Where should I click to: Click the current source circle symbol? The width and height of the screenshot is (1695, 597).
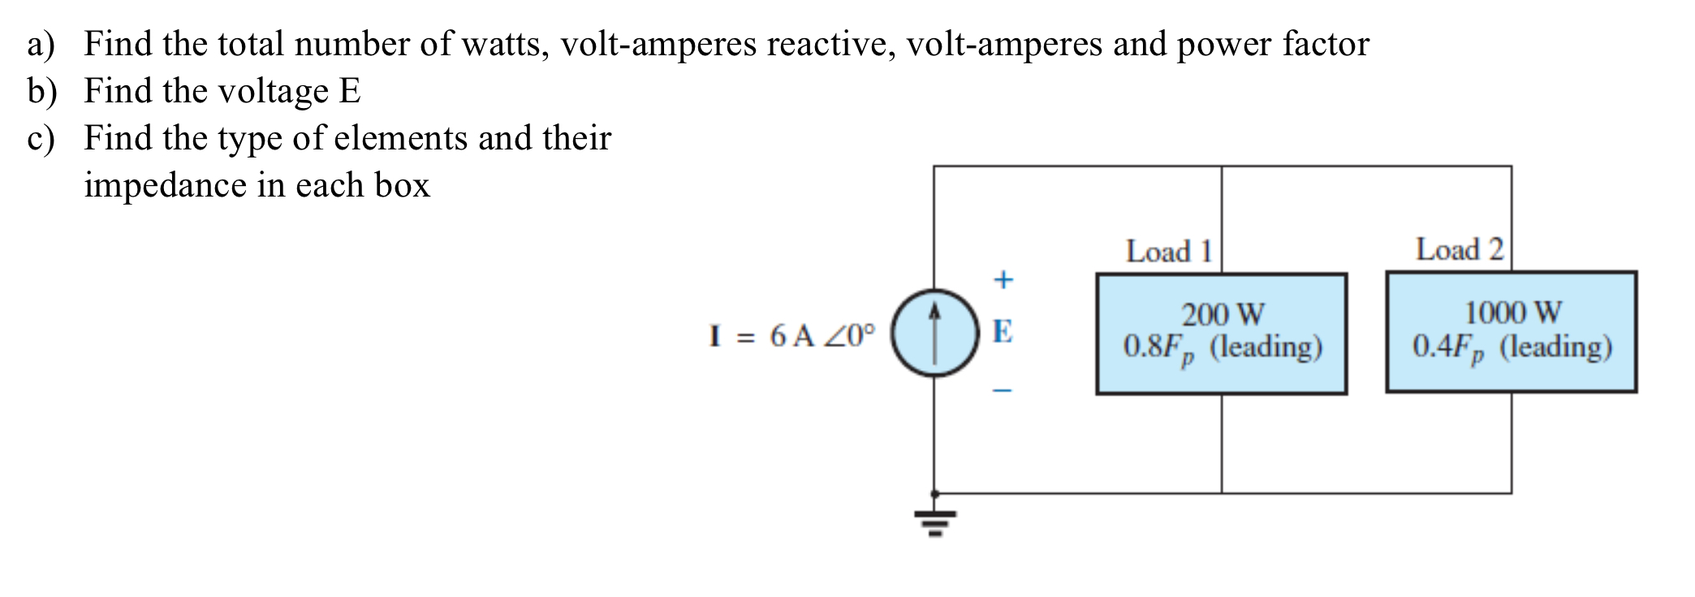pos(934,333)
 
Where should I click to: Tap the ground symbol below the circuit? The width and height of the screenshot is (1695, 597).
pos(935,523)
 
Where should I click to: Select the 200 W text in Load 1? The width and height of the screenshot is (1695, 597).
pos(1223,314)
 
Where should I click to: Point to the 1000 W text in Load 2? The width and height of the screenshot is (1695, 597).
pos(1512,312)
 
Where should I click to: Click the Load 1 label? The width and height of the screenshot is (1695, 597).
pos(1168,252)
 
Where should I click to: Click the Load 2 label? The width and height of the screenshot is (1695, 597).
pos(1459,249)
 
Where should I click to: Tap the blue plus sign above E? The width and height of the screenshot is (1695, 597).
pos(1003,279)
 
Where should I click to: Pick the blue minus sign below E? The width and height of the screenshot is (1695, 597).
pos(1003,391)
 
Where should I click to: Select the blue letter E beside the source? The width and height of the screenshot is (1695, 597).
pos(1003,331)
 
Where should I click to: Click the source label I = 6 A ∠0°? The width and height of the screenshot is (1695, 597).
pos(792,335)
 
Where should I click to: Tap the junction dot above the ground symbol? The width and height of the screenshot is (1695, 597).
pos(934,493)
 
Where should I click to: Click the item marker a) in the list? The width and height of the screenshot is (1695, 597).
pos(41,45)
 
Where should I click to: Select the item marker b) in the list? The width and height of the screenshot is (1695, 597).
pos(41,92)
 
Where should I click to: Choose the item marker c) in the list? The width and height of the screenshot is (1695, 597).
pos(41,139)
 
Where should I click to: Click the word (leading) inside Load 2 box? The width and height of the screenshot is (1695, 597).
pos(1555,348)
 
